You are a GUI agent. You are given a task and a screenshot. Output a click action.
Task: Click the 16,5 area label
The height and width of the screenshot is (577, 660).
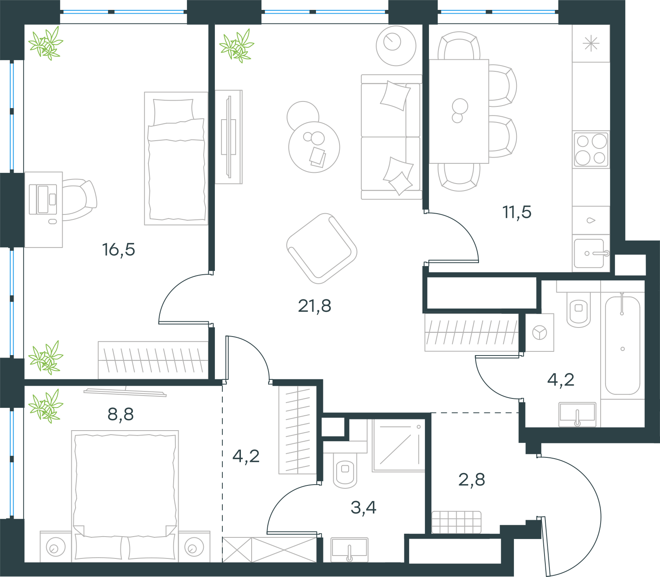point(118,250)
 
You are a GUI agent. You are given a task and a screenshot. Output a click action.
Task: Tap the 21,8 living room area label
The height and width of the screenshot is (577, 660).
point(314,306)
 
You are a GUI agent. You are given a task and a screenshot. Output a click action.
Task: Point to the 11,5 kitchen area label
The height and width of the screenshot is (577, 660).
point(517,212)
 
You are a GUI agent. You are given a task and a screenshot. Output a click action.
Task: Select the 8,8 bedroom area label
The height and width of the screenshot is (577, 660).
point(120,414)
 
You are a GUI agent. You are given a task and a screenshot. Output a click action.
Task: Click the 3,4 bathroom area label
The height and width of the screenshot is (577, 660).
point(363,508)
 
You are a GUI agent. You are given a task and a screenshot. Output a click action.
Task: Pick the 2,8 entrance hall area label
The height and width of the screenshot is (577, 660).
point(471,480)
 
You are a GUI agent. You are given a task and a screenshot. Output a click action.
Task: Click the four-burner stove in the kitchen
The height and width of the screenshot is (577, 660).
point(591,150)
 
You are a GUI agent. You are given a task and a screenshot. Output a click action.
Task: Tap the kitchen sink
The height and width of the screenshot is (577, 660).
point(591,253)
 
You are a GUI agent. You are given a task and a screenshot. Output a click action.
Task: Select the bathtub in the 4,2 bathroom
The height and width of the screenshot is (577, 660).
point(622,344)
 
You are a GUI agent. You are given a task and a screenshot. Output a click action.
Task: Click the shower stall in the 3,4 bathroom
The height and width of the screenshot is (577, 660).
point(398,445)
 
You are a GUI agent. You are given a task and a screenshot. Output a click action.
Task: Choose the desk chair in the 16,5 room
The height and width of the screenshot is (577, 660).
point(79,200)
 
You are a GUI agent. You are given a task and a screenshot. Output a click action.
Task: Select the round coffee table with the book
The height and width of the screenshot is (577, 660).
point(314,147)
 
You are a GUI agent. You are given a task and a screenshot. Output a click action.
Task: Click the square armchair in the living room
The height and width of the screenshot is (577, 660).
point(322,248)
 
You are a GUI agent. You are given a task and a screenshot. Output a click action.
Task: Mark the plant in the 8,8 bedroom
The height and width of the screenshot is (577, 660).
point(46,407)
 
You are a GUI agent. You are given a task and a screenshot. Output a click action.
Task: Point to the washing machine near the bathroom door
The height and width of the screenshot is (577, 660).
point(540,332)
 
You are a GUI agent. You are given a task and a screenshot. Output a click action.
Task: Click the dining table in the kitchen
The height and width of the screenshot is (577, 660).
point(459,111)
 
